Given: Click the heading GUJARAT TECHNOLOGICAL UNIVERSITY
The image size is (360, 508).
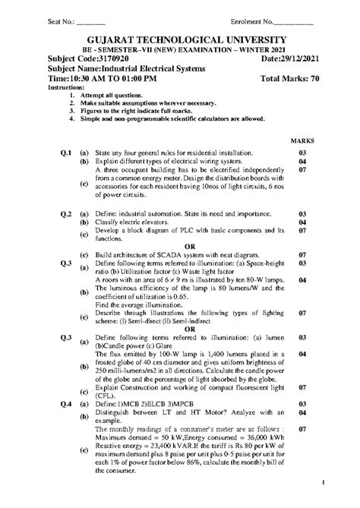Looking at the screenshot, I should (179, 40).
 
